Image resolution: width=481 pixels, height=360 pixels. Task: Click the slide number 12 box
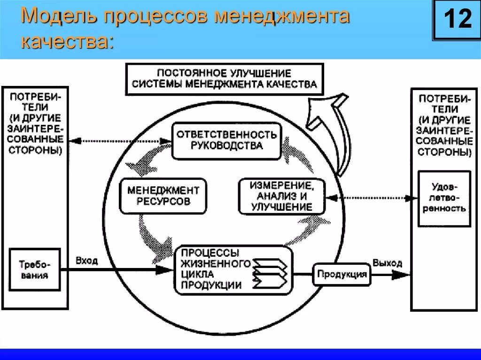point(453,20)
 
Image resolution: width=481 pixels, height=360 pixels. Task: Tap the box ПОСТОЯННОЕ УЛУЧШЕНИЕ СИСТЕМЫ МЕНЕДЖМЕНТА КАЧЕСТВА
point(225,79)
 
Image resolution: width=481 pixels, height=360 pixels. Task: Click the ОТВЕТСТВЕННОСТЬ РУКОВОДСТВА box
point(226,140)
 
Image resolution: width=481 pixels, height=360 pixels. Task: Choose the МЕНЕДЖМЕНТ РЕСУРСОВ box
point(163,196)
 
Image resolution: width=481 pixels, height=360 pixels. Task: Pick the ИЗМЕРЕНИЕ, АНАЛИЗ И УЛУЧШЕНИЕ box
point(281,196)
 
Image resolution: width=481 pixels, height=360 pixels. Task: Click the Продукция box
point(341,274)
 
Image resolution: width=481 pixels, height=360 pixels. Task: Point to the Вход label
point(86,261)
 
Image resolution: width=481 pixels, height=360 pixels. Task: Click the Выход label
point(388,263)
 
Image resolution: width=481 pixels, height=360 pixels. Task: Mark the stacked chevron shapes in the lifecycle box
point(270,272)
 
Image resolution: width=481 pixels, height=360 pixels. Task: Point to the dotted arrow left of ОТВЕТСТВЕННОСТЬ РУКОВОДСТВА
point(120,140)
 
